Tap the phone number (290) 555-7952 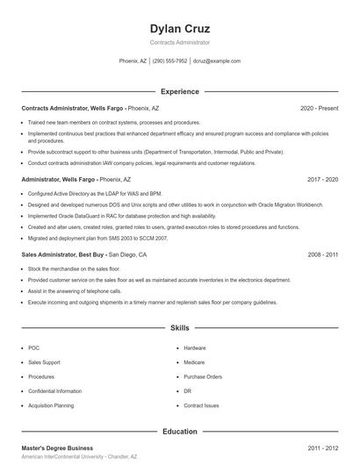(169, 61)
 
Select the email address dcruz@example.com (216, 61)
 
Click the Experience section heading (180, 91)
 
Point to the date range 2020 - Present (319, 108)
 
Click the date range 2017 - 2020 (323, 179)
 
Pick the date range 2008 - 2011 (323, 254)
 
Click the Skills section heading (180, 328)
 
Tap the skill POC (34, 348)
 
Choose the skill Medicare (194, 362)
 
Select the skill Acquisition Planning (51, 406)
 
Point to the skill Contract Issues (201, 406)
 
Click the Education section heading (180, 431)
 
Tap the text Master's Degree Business (57, 447)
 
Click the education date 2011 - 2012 (323, 447)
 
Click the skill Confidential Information (54, 391)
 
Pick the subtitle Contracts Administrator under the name (180, 42)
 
